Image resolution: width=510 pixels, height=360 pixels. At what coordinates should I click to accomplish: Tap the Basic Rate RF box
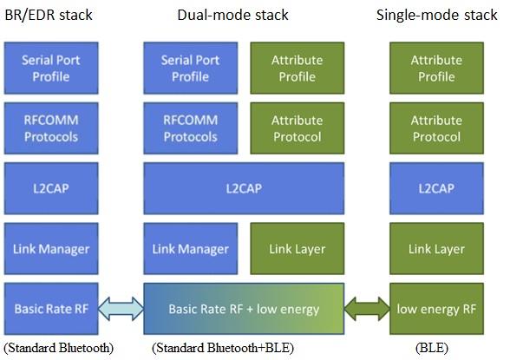49,309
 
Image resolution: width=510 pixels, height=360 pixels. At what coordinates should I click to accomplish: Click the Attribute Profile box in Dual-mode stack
297,69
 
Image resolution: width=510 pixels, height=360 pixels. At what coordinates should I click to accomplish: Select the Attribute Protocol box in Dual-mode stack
297,129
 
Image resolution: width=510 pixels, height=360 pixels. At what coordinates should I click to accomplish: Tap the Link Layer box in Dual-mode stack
297,249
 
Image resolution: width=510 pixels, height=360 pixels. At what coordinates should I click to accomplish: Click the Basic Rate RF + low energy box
243,310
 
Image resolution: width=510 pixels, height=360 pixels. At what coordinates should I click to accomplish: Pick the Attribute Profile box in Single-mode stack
436,69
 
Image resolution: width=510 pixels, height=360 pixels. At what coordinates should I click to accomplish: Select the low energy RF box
436,309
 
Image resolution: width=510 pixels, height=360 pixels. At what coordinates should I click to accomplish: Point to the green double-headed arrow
366,310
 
